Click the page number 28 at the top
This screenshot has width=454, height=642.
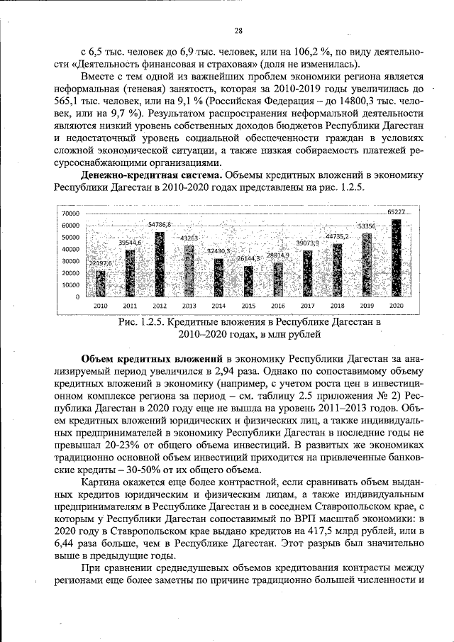pos(239,30)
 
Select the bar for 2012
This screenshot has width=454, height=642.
pos(160,264)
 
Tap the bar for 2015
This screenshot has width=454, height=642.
pos(248,281)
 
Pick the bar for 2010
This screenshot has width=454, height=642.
pos(101,283)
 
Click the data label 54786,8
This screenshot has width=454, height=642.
pos(160,224)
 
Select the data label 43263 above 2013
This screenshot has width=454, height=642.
pos(189,238)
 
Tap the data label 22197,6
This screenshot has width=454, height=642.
pos(101,263)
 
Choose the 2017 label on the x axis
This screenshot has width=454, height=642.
pos(307,305)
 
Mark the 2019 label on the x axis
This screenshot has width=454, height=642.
pos(366,305)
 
